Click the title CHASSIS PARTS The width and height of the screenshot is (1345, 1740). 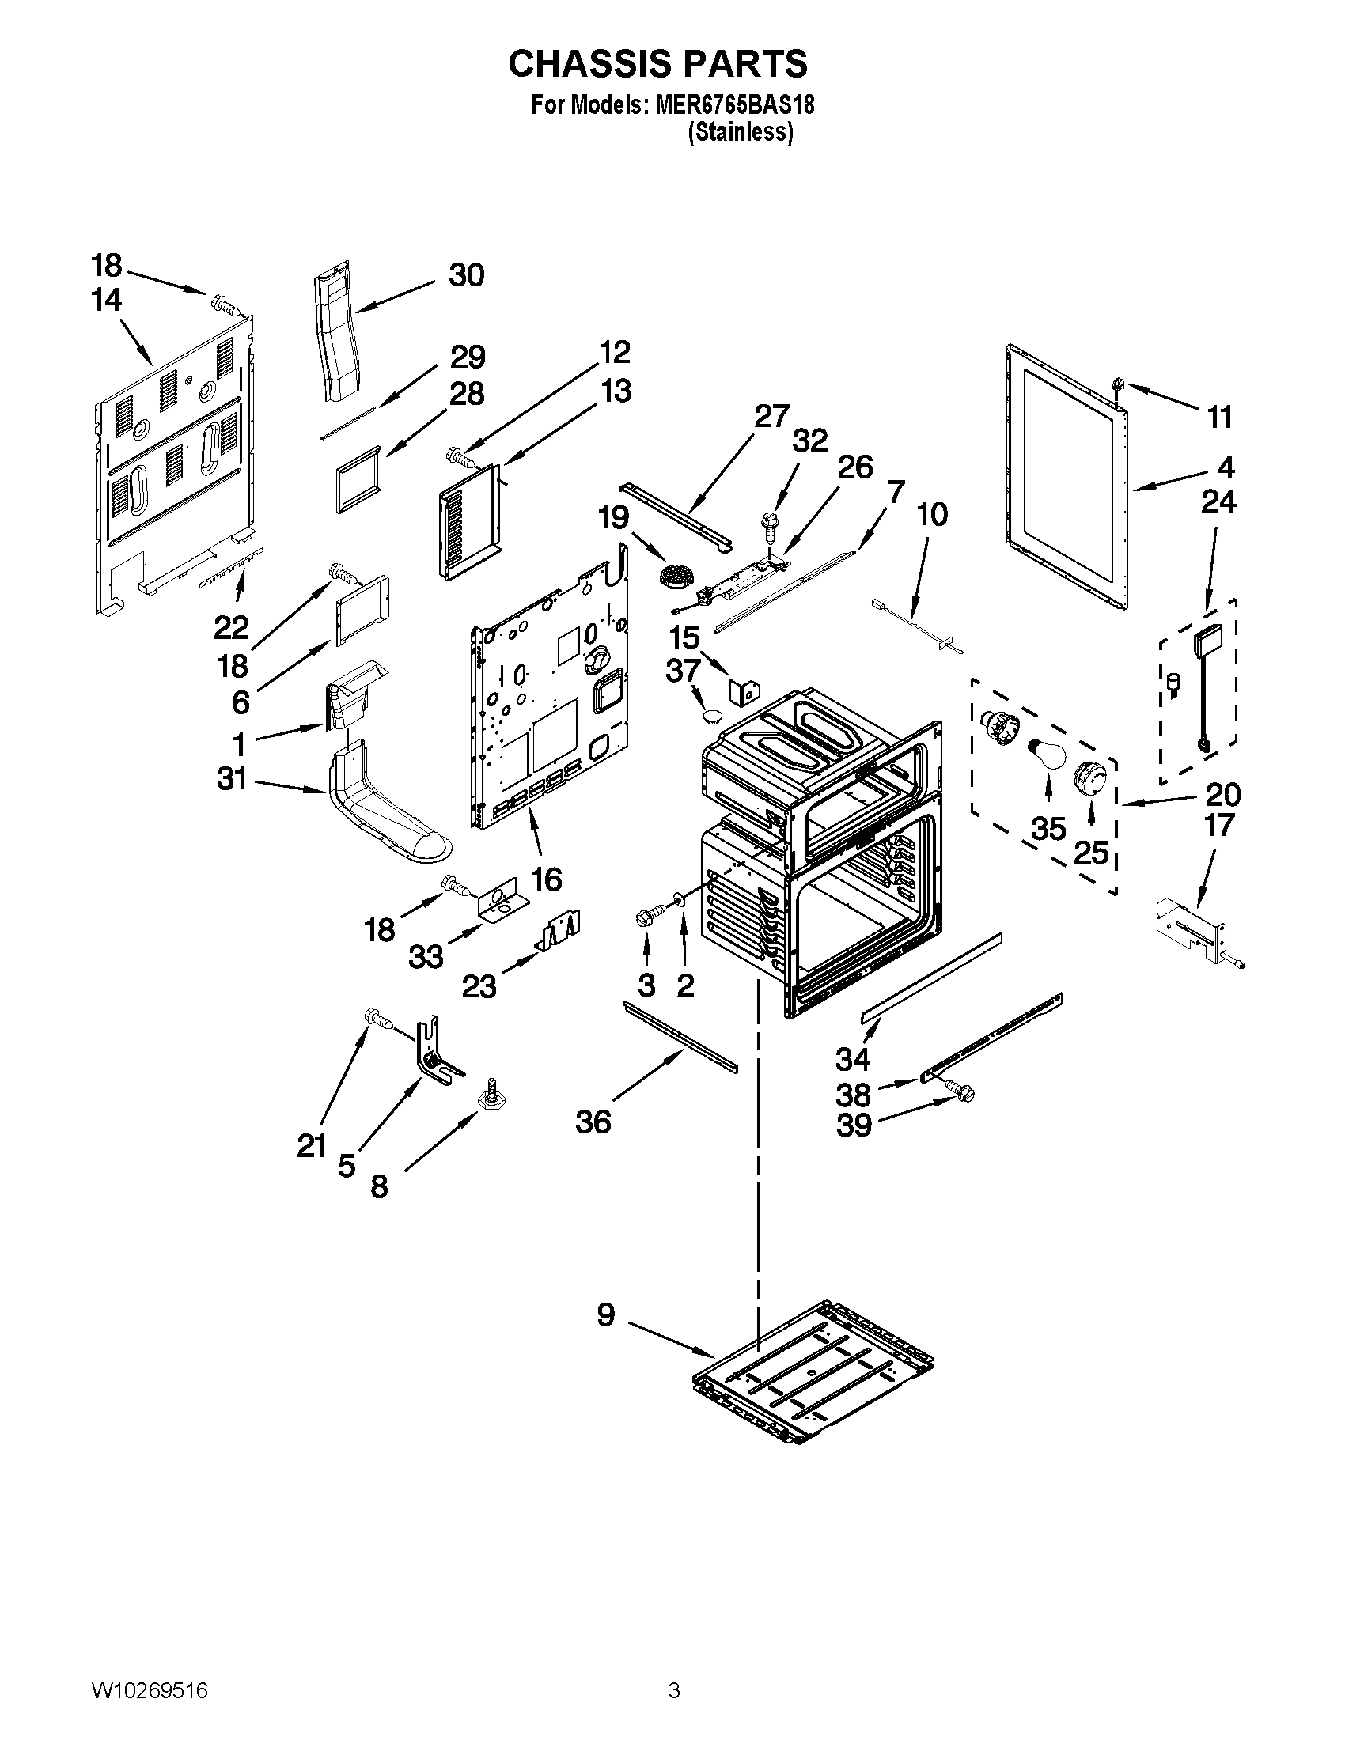(657, 64)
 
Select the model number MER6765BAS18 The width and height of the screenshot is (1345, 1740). (734, 105)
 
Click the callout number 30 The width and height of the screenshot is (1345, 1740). (466, 276)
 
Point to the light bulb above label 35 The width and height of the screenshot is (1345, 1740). (1046, 754)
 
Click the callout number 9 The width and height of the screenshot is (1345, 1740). (606, 1314)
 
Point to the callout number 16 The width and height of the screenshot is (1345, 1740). (546, 879)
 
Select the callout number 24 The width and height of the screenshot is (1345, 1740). (1218, 502)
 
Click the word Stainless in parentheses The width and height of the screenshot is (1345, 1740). (741, 132)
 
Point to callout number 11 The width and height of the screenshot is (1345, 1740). (1220, 417)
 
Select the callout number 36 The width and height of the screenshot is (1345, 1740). (593, 1122)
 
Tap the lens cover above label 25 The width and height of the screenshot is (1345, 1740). (1089, 777)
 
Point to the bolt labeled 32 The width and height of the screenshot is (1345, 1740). (769, 523)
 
